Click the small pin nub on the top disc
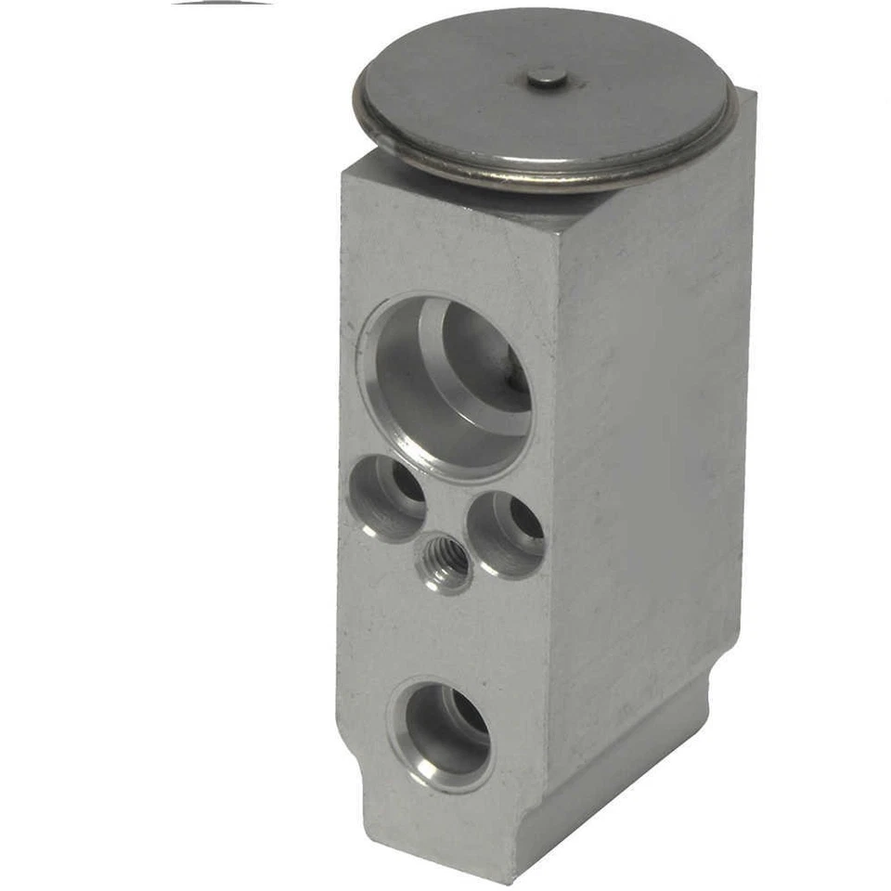coord(547,78)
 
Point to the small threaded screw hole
coord(446,562)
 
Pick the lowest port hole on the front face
coord(441,733)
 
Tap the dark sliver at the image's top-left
coord(223,3)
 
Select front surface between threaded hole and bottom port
coord(445,631)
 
